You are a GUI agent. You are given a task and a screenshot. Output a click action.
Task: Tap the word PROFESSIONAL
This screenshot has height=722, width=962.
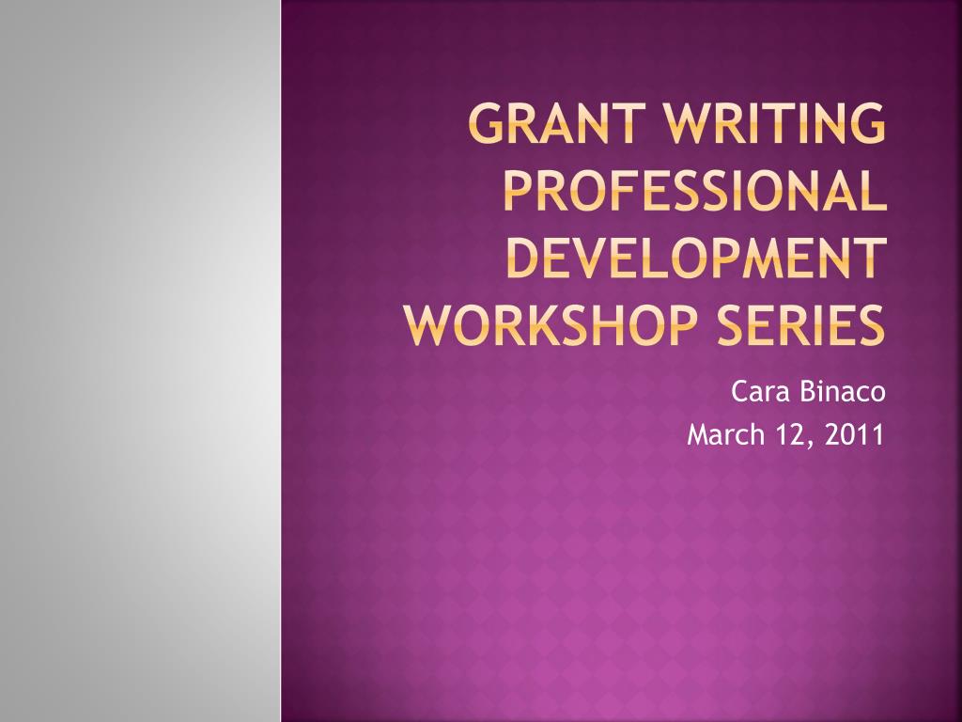tap(695, 190)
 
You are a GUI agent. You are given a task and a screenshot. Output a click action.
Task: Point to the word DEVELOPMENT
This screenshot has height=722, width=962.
tap(697, 258)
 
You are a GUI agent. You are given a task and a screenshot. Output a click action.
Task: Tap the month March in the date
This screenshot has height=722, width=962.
tap(726, 434)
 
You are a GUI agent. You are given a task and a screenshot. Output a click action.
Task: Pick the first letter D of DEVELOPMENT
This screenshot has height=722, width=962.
tap(524, 258)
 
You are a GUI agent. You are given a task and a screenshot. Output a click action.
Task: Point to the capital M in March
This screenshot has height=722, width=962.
tap(699, 434)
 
